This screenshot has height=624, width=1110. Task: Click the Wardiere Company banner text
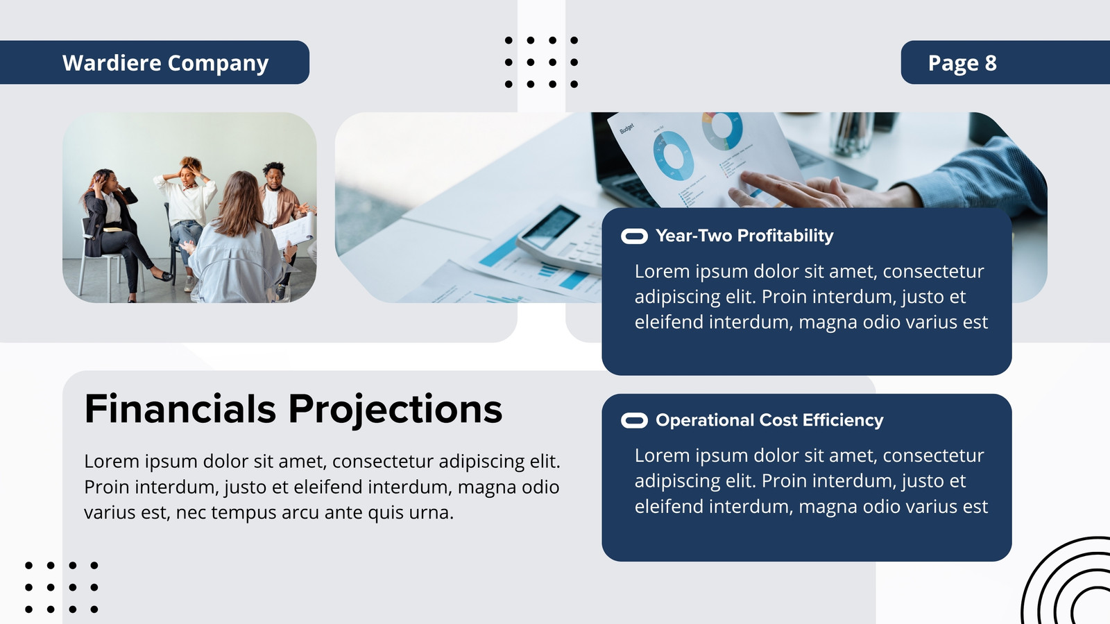click(165, 63)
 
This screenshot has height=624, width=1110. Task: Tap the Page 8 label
click(962, 63)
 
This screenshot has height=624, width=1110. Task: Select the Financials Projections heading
click(293, 409)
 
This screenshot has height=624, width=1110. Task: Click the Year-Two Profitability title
click(744, 236)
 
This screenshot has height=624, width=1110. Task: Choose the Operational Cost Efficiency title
click(769, 420)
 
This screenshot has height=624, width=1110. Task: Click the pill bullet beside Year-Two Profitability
click(634, 236)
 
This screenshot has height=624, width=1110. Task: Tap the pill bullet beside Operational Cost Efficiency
click(634, 420)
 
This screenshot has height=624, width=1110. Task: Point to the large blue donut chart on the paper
click(673, 155)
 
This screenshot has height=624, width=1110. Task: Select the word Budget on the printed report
click(627, 129)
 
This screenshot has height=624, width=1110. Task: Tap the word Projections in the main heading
click(395, 410)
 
